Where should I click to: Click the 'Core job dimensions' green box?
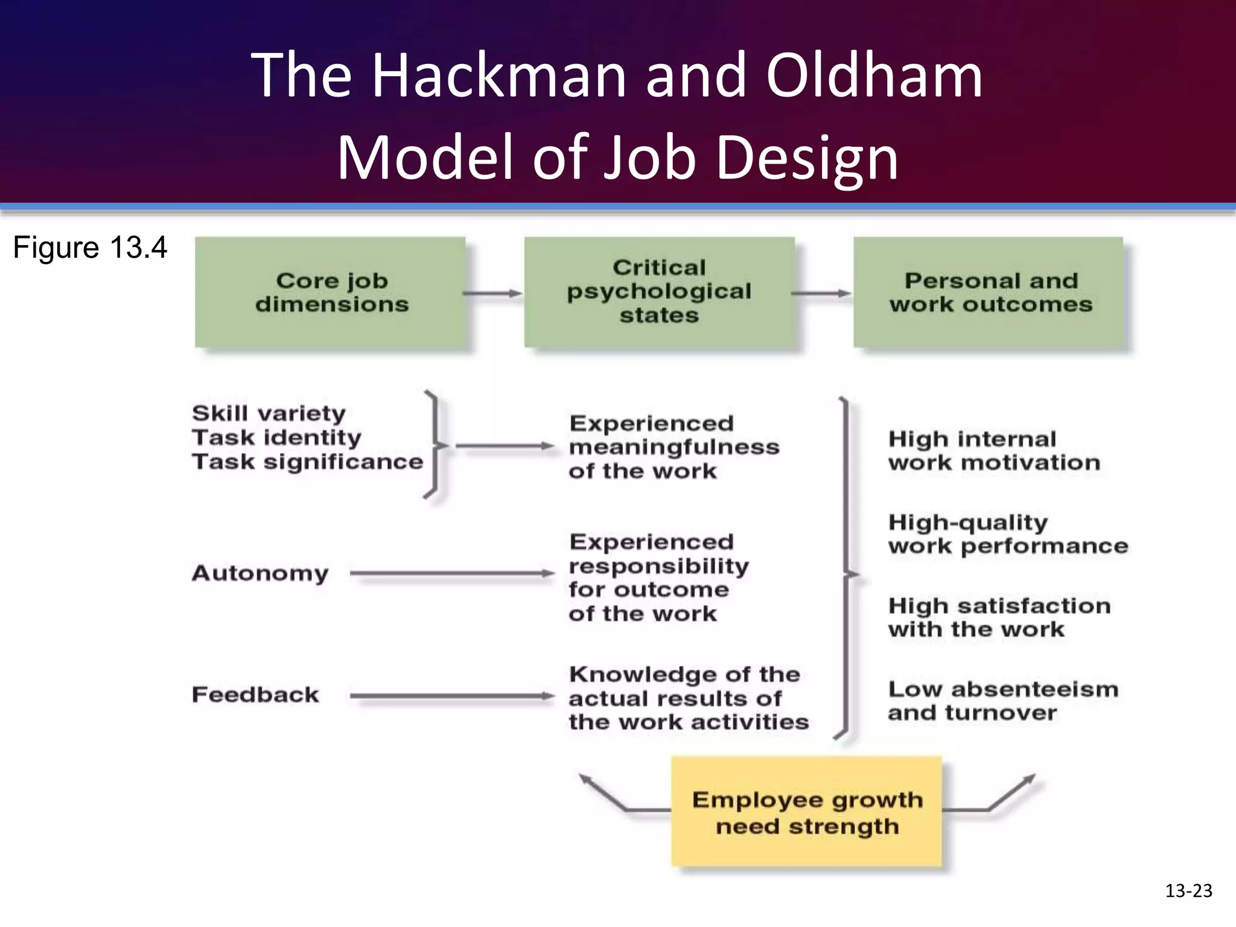coord(330,293)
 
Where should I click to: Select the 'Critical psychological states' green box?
coord(659,292)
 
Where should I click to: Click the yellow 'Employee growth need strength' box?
coord(806,812)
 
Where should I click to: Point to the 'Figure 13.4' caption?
coord(90,247)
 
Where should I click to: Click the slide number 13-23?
coord(1188,891)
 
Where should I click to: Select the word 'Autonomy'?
coord(260,573)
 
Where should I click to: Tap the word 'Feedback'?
coord(255,695)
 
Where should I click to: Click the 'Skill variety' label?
coord(269,413)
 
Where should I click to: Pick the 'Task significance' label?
coord(307,462)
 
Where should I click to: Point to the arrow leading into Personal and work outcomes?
coord(821,293)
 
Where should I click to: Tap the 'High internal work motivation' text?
coord(994,451)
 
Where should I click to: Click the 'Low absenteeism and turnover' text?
coord(1002,701)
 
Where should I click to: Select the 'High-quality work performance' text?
coord(1008,534)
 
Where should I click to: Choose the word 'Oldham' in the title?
coord(874,76)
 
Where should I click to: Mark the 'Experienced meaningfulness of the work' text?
coord(674,447)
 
